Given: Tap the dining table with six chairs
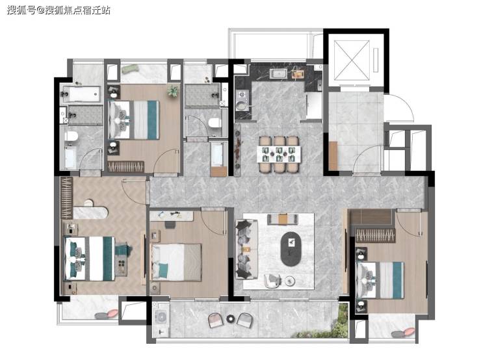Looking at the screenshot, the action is pyautogui.click(x=279, y=154).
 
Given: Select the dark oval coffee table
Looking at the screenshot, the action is pyautogui.click(x=291, y=249).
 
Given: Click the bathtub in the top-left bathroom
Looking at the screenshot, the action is pyautogui.click(x=81, y=94).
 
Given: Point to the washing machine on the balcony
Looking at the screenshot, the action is pyautogui.click(x=161, y=316).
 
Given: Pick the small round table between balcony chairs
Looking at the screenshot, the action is pyautogui.click(x=230, y=319).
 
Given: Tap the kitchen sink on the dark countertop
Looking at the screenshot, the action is pyautogui.click(x=279, y=73).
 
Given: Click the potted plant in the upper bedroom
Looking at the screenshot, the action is pyautogui.click(x=173, y=91).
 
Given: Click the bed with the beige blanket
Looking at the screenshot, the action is pyautogui.click(x=177, y=262).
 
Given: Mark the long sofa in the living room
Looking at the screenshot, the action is pyautogui.click(x=246, y=249).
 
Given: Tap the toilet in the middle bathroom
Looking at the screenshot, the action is pyautogui.click(x=214, y=123).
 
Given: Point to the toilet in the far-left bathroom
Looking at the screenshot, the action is pyautogui.click(x=71, y=136).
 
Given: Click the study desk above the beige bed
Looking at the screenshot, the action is pyautogui.click(x=172, y=216).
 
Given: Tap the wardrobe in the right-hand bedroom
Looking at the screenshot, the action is pyautogui.click(x=375, y=235).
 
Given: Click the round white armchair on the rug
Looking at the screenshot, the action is pyautogui.click(x=272, y=281).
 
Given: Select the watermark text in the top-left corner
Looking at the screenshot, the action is pyautogui.click(x=58, y=10).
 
